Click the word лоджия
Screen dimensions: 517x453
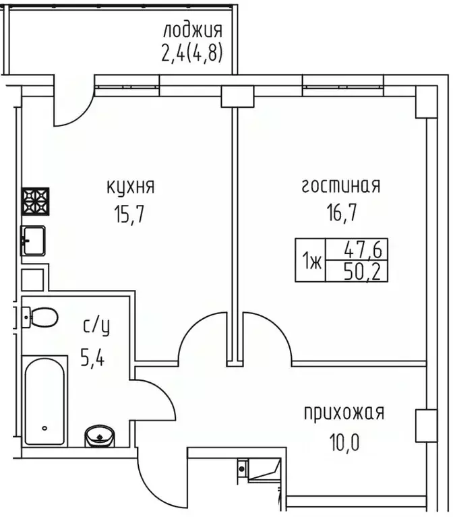[192, 30]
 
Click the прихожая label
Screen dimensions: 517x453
[344, 412]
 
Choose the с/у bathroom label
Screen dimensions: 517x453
[96, 328]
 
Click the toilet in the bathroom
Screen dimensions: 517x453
[41, 315]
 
